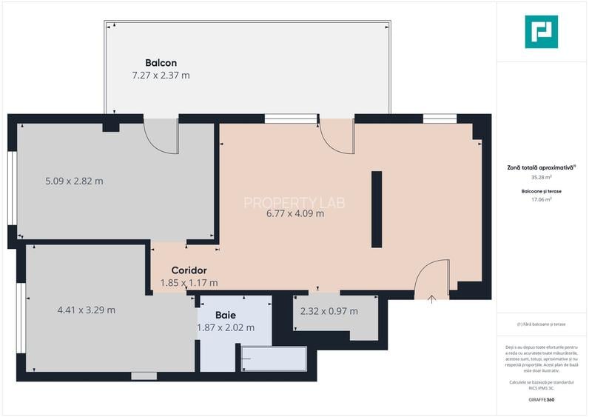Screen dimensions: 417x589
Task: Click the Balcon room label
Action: (x=161, y=63)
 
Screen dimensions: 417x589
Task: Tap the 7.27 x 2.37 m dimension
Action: (x=161, y=75)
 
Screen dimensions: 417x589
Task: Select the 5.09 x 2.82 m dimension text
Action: (x=74, y=181)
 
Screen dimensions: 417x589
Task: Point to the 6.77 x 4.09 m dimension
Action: (x=295, y=214)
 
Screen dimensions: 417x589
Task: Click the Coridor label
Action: (x=189, y=270)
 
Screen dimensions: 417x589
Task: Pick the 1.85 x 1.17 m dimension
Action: (x=189, y=282)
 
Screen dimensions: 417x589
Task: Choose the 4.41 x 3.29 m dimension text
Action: (x=86, y=310)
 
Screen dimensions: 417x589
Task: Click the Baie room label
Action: (x=226, y=316)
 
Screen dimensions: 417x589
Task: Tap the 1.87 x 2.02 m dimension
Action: (x=226, y=327)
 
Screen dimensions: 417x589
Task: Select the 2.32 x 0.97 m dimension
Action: (x=329, y=311)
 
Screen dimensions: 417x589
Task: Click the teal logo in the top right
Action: (x=541, y=32)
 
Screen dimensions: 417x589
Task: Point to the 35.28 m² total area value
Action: (x=541, y=178)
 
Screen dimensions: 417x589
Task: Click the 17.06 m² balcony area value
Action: (x=541, y=199)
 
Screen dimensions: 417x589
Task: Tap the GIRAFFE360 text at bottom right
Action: (x=541, y=400)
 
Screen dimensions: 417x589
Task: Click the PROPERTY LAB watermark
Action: (x=294, y=202)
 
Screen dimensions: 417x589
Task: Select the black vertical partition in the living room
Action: (x=377, y=210)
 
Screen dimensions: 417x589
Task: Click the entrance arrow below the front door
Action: (x=431, y=298)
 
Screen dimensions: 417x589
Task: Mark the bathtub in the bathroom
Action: (x=274, y=359)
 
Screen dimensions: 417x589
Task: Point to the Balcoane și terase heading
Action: (x=541, y=191)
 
